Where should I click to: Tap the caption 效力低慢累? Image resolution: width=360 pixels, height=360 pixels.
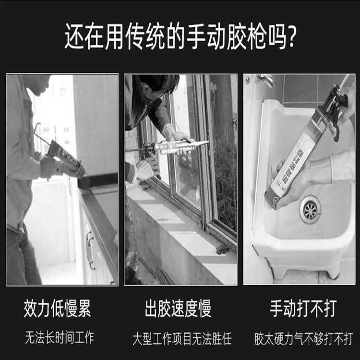coord(58,308)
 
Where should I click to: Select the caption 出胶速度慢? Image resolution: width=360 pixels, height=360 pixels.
coord(178,308)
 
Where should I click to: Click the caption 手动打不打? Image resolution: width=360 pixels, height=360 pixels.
coord(303,308)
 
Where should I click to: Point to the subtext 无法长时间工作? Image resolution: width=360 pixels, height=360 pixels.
coord(60,337)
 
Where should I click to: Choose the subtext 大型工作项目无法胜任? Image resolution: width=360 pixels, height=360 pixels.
coord(182,338)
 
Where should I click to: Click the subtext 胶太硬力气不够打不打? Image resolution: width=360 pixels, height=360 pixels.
coord(303,338)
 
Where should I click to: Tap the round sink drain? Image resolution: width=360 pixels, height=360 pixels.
coord(311,210)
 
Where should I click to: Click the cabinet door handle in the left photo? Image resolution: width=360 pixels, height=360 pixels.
coord(90,250)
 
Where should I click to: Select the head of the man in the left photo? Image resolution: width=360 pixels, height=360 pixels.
coord(38,84)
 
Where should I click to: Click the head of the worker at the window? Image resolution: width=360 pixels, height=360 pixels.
coord(158,84)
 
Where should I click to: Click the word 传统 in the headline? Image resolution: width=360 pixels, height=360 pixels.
coord(145,36)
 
